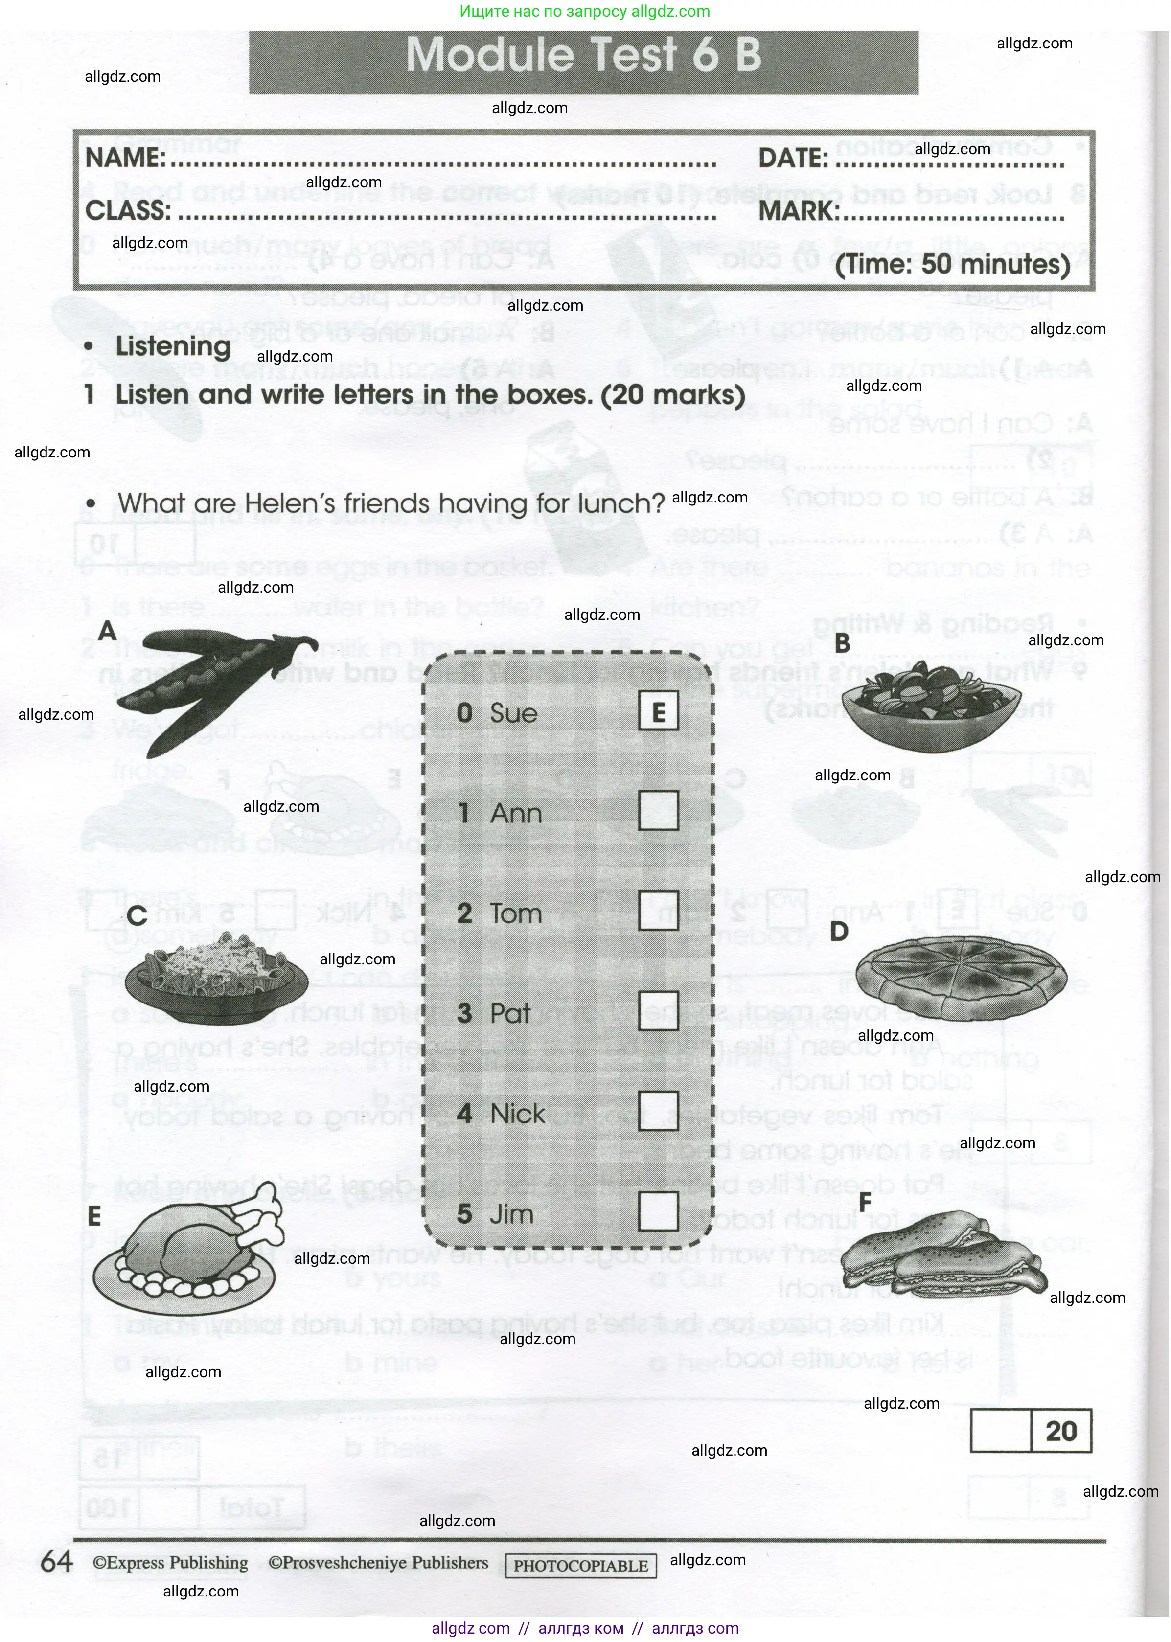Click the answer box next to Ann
(658, 810)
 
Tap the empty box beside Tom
(658, 911)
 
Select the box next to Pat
(658, 1010)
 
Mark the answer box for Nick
(658, 1111)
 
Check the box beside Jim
(658, 1211)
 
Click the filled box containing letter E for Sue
(658, 711)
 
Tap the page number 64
(56, 1562)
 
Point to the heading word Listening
(173, 346)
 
